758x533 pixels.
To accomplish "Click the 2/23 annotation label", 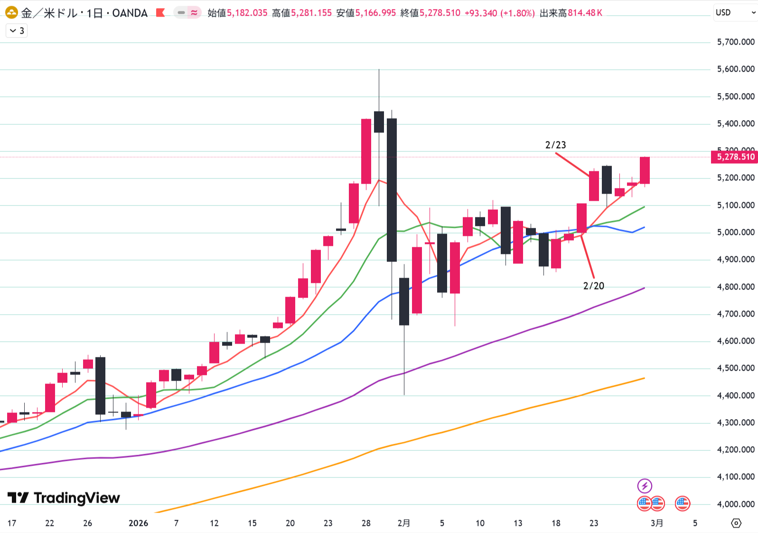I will pyautogui.click(x=555, y=145).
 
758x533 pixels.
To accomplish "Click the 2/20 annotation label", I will pyautogui.click(x=593, y=286).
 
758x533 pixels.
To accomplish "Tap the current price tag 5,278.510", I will pyautogui.click(x=735, y=157).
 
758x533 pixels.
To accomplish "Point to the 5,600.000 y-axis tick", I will pyautogui.click(x=735, y=69).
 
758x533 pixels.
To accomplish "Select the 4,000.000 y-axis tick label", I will pyautogui.click(x=735, y=504).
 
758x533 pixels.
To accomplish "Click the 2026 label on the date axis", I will pyautogui.click(x=138, y=523).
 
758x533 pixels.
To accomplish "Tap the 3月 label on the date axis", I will pyautogui.click(x=657, y=523).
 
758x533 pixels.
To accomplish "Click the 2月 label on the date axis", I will pyautogui.click(x=404, y=523).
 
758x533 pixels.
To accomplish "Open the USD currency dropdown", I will pyautogui.click(x=735, y=13).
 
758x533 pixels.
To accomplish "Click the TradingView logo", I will pyautogui.click(x=64, y=498).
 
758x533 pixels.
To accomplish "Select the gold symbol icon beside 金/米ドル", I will pyautogui.click(x=11, y=13).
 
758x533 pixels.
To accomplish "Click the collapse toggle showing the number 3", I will pyautogui.click(x=17, y=31).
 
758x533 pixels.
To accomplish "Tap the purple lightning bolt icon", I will pyautogui.click(x=644, y=486).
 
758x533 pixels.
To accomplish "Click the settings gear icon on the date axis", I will pyautogui.click(x=736, y=523).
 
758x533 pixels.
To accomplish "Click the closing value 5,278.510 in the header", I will pyautogui.click(x=440, y=13).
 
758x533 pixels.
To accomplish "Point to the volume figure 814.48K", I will pyautogui.click(x=585, y=13).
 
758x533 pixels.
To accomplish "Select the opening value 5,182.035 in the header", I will pyautogui.click(x=247, y=13).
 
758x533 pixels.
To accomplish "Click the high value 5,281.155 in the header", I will pyautogui.click(x=311, y=13).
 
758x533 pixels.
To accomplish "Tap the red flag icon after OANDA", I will pyautogui.click(x=160, y=13).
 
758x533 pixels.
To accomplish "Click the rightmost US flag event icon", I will pyautogui.click(x=682, y=503).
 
